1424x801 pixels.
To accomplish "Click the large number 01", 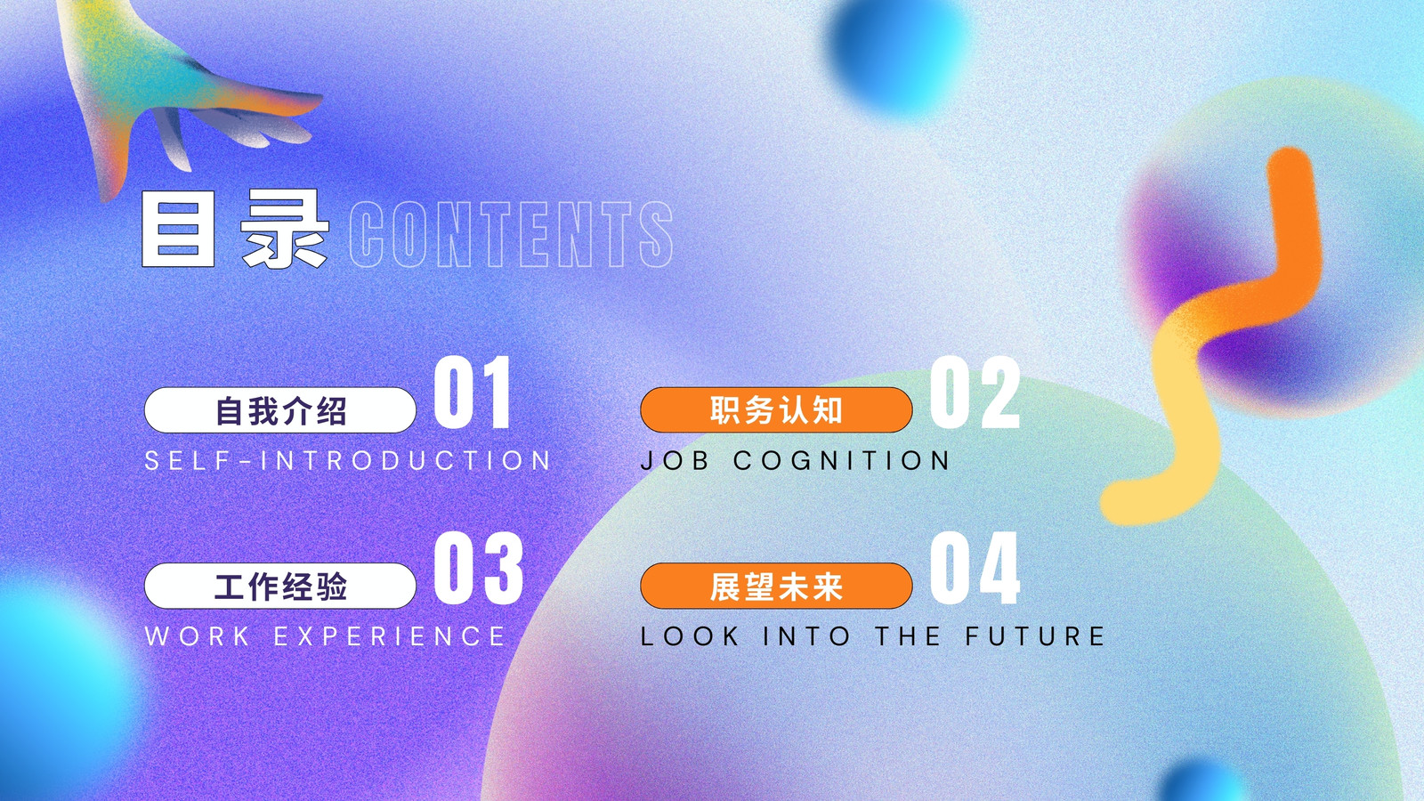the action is pyautogui.click(x=473, y=392).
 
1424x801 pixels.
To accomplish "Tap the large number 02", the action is pyautogui.click(x=975, y=392).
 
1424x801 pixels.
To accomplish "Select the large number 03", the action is pyautogui.click(x=478, y=568).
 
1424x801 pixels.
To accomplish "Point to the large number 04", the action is pyautogui.click(x=975, y=568).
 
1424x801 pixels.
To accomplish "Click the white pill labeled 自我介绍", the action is pyautogui.click(x=280, y=410).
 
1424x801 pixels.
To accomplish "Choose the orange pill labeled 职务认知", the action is pyautogui.click(x=776, y=410).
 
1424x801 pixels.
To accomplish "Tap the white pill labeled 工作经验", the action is pyautogui.click(x=280, y=586).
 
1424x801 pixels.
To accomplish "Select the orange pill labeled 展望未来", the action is pyautogui.click(x=776, y=586).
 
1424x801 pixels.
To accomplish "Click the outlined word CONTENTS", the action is pyautogui.click(x=511, y=234).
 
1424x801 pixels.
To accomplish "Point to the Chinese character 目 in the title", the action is pyautogui.click(x=178, y=229).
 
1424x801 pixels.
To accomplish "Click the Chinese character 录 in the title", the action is pyautogui.click(x=285, y=229).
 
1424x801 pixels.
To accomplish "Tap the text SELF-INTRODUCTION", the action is pyautogui.click(x=348, y=460).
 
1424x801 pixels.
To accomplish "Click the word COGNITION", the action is pyautogui.click(x=842, y=460).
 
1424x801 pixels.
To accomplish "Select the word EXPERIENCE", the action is pyautogui.click(x=390, y=635).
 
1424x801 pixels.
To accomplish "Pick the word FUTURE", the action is pyautogui.click(x=1036, y=635).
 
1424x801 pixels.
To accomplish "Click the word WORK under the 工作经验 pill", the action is pyautogui.click(x=197, y=635).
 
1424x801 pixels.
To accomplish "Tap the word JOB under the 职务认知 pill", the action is pyautogui.click(x=675, y=460).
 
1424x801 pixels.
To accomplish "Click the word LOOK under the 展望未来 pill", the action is pyautogui.click(x=690, y=635).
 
